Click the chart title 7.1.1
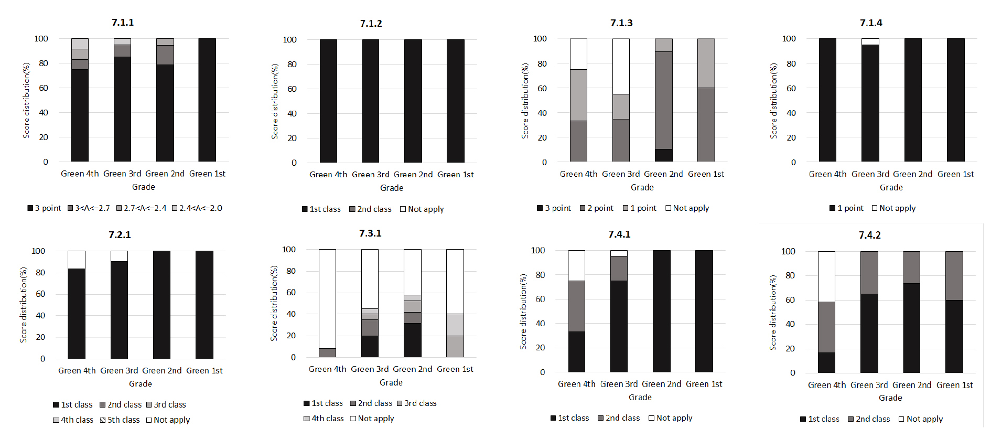123,23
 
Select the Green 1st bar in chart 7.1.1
207,100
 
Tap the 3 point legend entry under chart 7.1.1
45,208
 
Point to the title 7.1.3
621,23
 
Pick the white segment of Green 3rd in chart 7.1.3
621,66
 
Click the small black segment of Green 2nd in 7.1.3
663,155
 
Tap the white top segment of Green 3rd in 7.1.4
870,41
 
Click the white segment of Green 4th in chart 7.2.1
77,260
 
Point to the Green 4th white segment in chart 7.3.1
327,298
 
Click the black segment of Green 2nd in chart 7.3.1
412,340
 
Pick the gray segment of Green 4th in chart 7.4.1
577,306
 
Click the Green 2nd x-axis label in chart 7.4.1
662,384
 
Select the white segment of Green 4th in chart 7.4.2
827,276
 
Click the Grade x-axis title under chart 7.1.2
392,188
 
